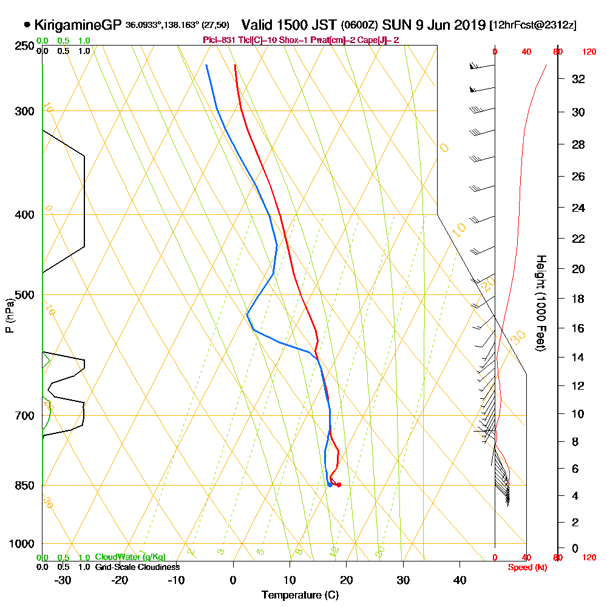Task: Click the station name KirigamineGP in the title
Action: [x=78, y=25]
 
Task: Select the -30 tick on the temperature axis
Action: [x=63, y=580]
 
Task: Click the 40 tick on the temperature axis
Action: [x=460, y=580]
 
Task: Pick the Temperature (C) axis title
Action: [x=300, y=595]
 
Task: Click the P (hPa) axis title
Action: [x=9, y=315]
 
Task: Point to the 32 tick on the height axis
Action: [x=579, y=79]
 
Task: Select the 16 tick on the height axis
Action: [x=579, y=328]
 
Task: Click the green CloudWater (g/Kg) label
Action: [x=130, y=557]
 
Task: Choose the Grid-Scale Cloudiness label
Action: [x=137, y=567]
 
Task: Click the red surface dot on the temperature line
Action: [x=339, y=484]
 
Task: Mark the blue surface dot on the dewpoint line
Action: [x=330, y=484]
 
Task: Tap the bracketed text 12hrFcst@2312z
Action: [x=532, y=25]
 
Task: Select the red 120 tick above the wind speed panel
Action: [x=588, y=52]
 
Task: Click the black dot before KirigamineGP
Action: [x=27, y=25]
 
